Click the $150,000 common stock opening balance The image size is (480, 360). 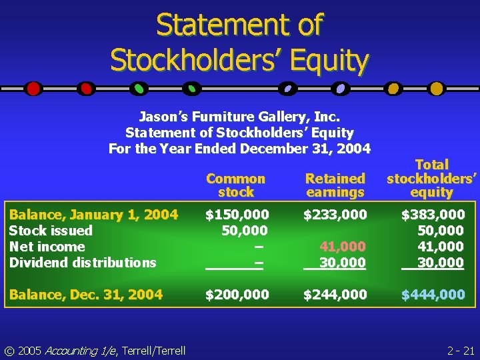pos(237,215)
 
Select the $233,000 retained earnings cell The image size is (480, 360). pos(335,215)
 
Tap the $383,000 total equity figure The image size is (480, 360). pos(433,215)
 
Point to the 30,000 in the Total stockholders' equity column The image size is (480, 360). pos(441,263)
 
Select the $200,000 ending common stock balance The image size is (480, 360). pos(237,295)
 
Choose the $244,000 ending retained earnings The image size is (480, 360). pos(335,295)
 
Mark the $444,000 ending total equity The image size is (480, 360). pos(433,295)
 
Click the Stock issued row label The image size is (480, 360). pos(51,231)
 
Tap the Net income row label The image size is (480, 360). pos(47,247)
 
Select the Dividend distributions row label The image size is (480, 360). pos(83,263)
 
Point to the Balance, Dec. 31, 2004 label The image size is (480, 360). pos(86,295)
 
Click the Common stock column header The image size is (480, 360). pos(235,185)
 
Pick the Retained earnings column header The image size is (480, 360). pos(335,185)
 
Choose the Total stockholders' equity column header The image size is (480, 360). pos(432,178)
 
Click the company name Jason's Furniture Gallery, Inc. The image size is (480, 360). pos(239,117)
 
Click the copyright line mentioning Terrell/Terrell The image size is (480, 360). pos(93,350)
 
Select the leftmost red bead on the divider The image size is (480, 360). pos(33,88)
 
